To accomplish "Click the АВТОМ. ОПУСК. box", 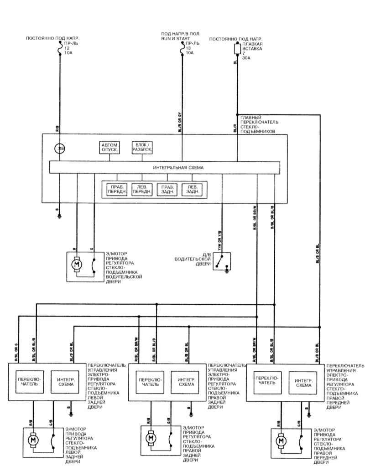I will point(110,147).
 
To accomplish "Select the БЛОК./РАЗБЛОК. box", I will point(142,147).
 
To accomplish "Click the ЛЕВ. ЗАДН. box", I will point(193,189).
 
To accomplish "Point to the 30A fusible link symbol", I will point(237,48).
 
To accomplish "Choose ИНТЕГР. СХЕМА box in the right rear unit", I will point(187,382).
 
